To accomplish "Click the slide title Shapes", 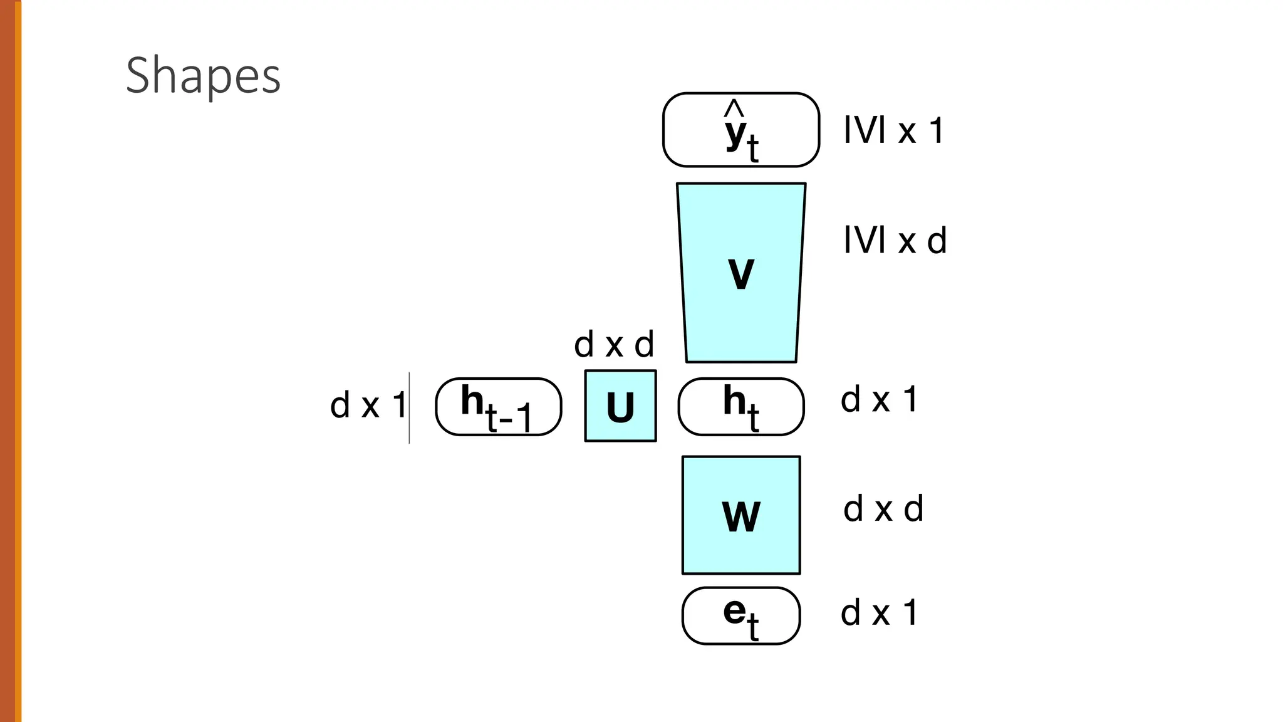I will tap(203, 75).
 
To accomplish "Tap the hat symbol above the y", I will tap(734, 109).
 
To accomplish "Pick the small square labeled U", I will tap(620, 406).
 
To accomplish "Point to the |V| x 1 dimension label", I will tap(893, 131).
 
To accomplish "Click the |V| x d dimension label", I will tap(895, 240).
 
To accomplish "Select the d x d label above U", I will tap(614, 345).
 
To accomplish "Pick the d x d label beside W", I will tap(883, 508).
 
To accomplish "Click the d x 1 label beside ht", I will tap(879, 399).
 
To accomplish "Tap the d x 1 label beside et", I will tap(879, 612).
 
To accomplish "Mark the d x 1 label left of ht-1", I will tap(368, 405).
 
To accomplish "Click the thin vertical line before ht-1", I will tap(409, 407).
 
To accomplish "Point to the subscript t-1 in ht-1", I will tap(509, 419).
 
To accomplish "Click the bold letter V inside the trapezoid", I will tap(741, 274).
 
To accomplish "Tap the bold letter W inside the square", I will tap(741, 517).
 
